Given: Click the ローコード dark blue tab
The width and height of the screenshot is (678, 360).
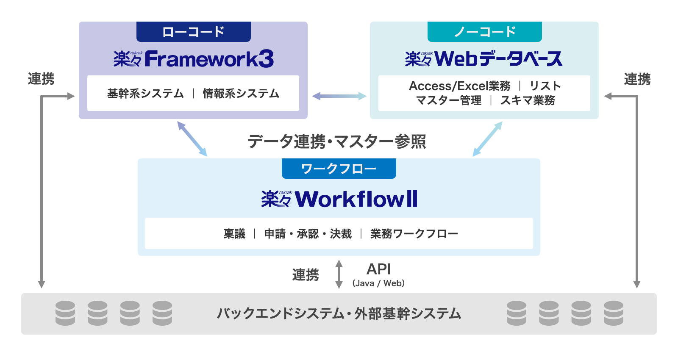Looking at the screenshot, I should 193,32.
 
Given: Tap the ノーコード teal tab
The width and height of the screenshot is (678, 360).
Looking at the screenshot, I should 484,32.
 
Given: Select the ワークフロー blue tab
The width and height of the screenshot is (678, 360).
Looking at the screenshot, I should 339,169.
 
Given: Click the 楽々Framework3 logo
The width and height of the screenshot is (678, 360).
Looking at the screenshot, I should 193,59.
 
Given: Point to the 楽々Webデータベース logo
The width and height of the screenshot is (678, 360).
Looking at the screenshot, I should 483,59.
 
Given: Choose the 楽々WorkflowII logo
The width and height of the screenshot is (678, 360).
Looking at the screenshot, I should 339,199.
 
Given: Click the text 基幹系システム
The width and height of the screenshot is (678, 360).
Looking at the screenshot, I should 145,94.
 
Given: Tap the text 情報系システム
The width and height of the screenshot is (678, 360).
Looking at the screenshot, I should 241,94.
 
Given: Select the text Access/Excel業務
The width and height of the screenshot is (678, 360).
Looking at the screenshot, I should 459,86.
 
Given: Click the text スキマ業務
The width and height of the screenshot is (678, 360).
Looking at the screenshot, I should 528,100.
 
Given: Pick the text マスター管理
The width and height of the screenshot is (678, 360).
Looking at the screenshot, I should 449,100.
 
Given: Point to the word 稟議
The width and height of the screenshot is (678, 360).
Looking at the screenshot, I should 234,234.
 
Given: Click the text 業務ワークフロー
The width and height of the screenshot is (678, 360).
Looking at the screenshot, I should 414,234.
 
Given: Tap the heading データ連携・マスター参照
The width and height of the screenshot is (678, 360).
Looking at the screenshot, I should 337,141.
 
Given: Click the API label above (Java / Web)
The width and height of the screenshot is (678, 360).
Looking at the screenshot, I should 378,269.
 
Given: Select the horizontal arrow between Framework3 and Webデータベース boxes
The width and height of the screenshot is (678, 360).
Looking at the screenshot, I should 339,96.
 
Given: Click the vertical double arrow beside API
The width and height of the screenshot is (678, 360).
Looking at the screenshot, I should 339,274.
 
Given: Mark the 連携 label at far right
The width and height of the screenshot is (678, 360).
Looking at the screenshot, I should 637,79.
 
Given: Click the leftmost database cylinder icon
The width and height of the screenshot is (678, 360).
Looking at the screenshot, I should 65,313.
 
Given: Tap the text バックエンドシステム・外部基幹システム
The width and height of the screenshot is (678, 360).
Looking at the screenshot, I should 339,313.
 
